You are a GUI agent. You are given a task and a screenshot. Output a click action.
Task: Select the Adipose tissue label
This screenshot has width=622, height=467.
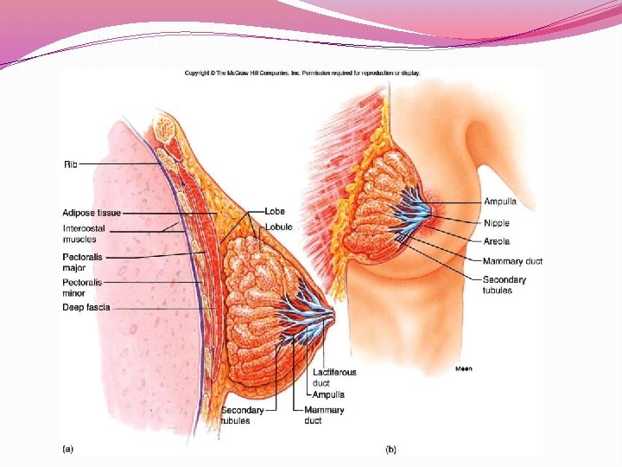click(x=92, y=213)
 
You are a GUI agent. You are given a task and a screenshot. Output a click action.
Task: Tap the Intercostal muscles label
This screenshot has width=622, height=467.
click(x=84, y=233)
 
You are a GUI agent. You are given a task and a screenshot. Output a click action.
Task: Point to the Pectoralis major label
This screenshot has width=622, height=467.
click(x=82, y=262)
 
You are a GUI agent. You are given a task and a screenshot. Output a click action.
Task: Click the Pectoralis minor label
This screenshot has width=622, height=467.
click(x=82, y=287)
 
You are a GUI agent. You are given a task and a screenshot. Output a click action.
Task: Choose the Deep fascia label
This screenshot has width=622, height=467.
click(x=86, y=307)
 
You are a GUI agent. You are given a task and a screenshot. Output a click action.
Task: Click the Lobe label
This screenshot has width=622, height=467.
click(x=275, y=211)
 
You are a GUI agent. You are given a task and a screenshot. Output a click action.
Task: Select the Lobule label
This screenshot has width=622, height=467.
click(x=278, y=227)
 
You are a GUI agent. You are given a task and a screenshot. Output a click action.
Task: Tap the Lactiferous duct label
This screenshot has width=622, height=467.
click(x=333, y=377)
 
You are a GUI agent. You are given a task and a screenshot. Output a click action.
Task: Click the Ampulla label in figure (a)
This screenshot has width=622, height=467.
click(x=328, y=394)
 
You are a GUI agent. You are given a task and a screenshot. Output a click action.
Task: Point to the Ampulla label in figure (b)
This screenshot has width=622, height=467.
click(x=499, y=202)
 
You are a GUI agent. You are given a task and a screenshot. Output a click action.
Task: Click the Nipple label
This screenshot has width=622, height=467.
click(x=496, y=223)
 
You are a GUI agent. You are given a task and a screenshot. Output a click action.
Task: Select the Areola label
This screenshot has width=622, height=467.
click(x=496, y=241)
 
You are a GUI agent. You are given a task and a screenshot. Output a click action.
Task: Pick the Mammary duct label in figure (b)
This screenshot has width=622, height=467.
click(x=512, y=260)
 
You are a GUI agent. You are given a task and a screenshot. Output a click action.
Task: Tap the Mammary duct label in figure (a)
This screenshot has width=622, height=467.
click(x=324, y=415)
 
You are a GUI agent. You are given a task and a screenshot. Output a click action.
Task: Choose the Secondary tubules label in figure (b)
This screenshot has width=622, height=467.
click(x=504, y=285)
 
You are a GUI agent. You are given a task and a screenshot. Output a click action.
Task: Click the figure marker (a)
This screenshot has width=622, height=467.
click(x=67, y=449)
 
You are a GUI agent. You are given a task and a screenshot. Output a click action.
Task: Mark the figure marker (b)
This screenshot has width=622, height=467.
click(x=390, y=449)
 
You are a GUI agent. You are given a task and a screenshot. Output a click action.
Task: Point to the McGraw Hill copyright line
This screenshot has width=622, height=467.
click(x=302, y=73)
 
